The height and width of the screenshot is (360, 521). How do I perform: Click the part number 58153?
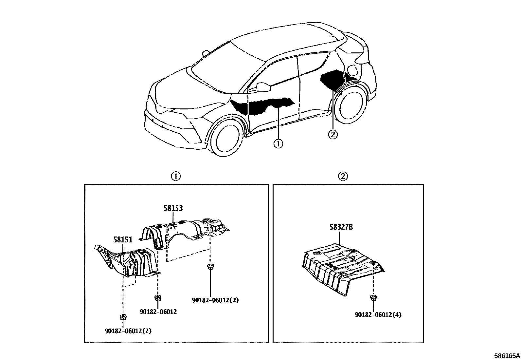click(x=173, y=208)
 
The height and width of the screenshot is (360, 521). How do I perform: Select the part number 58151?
click(x=123, y=239)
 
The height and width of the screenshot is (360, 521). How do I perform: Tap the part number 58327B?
click(x=341, y=227)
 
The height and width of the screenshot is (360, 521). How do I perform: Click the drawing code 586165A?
click(x=507, y=356)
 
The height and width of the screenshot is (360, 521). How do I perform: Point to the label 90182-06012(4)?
click(x=378, y=315)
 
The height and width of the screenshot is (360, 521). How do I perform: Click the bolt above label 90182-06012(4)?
click(x=372, y=297)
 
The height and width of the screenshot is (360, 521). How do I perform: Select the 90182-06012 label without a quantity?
click(x=158, y=312)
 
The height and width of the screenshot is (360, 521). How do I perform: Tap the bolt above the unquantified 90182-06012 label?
click(x=158, y=297)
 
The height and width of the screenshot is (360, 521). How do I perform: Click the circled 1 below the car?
click(x=278, y=143)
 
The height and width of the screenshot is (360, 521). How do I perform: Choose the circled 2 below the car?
click(x=333, y=134)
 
